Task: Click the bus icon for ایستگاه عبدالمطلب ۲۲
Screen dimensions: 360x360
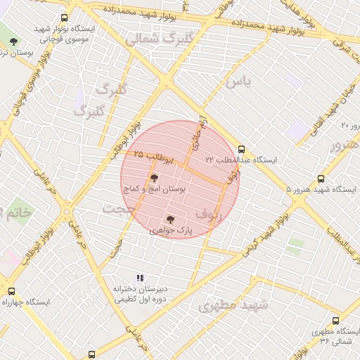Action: (x=242, y=149)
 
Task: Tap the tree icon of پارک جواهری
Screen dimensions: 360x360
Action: (x=170, y=220)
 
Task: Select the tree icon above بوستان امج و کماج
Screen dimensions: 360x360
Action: (x=154, y=179)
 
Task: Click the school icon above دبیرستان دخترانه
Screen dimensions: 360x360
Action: (x=139, y=278)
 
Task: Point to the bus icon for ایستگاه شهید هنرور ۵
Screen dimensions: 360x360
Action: (x=321, y=179)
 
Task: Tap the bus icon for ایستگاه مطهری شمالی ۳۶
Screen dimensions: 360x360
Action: (x=335, y=321)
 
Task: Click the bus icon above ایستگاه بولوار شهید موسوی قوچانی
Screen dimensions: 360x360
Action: (x=65, y=18)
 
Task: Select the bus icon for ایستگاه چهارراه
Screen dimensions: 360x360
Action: (x=11, y=291)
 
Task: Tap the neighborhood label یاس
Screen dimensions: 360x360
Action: (x=238, y=82)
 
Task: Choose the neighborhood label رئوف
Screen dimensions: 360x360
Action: (x=210, y=214)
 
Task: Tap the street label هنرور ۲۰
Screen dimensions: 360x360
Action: (x=349, y=125)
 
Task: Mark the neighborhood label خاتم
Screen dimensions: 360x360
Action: (x=15, y=212)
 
